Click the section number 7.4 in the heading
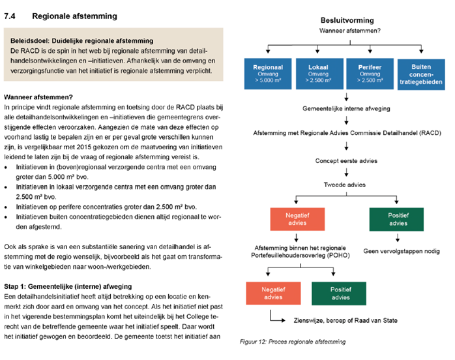12,14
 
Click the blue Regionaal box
269,73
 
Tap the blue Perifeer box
362,73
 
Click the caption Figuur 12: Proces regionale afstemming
292,341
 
